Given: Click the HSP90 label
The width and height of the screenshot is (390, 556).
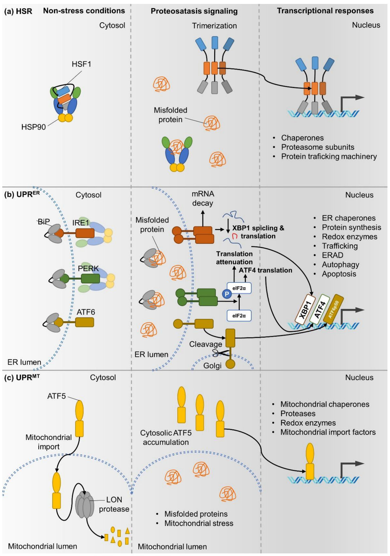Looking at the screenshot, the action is click(x=33, y=127).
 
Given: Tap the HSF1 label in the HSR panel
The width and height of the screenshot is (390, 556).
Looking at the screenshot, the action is click(x=82, y=64).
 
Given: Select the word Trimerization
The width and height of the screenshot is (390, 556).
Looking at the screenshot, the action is click(x=214, y=26).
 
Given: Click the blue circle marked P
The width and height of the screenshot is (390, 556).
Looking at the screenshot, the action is click(x=227, y=294).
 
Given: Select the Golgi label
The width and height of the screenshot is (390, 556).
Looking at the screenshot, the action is click(x=212, y=366).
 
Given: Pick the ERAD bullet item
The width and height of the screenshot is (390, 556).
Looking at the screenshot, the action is click(x=333, y=255).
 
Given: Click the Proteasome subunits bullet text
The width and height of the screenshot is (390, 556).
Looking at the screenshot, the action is click(x=318, y=147).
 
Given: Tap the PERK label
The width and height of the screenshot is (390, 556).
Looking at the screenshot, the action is click(x=88, y=268).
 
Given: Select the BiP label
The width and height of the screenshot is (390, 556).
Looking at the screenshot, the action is click(x=44, y=221).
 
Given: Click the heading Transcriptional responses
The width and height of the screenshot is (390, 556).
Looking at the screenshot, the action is click(x=325, y=11).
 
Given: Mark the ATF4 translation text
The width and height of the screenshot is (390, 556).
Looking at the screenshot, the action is click(x=265, y=270).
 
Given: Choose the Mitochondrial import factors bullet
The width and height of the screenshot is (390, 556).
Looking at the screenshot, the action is click(x=328, y=432).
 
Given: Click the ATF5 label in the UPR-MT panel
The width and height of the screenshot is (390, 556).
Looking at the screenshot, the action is click(x=56, y=396).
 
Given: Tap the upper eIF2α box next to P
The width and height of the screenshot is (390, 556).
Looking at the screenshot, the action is click(x=239, y=288).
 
